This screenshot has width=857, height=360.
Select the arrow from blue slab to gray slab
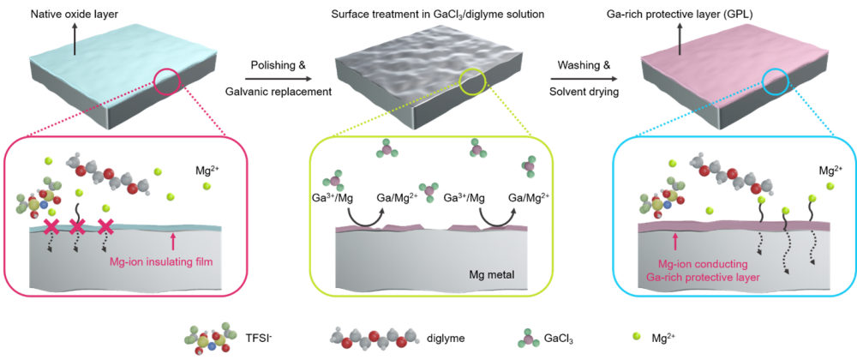273,79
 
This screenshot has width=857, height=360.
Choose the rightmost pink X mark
105,227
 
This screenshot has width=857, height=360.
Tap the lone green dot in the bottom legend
636,335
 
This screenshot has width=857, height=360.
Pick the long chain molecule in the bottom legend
375,337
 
